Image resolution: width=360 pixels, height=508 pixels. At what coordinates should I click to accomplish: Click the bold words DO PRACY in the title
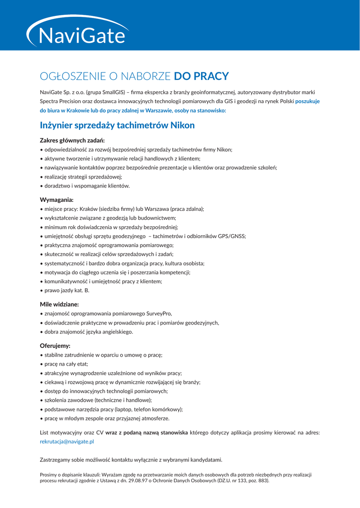point(201,76)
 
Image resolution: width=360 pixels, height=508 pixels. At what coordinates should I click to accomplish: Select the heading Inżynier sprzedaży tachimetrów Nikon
point(117,126)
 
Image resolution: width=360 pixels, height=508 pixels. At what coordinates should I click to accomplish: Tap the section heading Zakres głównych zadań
point(72,140)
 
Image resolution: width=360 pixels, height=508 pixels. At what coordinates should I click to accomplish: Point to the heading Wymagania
point(57,200)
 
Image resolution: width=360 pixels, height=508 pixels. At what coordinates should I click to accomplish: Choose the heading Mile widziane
point(59,304)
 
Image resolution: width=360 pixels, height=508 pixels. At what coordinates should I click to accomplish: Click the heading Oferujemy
point(55,346)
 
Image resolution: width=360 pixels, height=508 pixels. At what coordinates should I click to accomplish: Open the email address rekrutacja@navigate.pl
point(67,441)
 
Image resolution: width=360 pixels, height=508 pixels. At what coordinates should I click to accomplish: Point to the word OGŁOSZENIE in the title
point(72,76)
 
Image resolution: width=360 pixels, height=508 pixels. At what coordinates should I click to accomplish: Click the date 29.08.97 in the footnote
point(150,480)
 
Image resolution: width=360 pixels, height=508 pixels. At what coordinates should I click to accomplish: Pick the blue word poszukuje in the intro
point(307,101)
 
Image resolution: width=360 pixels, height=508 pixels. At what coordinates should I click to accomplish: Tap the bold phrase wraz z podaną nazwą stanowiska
point(146,433)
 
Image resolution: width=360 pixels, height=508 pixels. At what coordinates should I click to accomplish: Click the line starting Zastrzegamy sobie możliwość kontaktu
point(131,460)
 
